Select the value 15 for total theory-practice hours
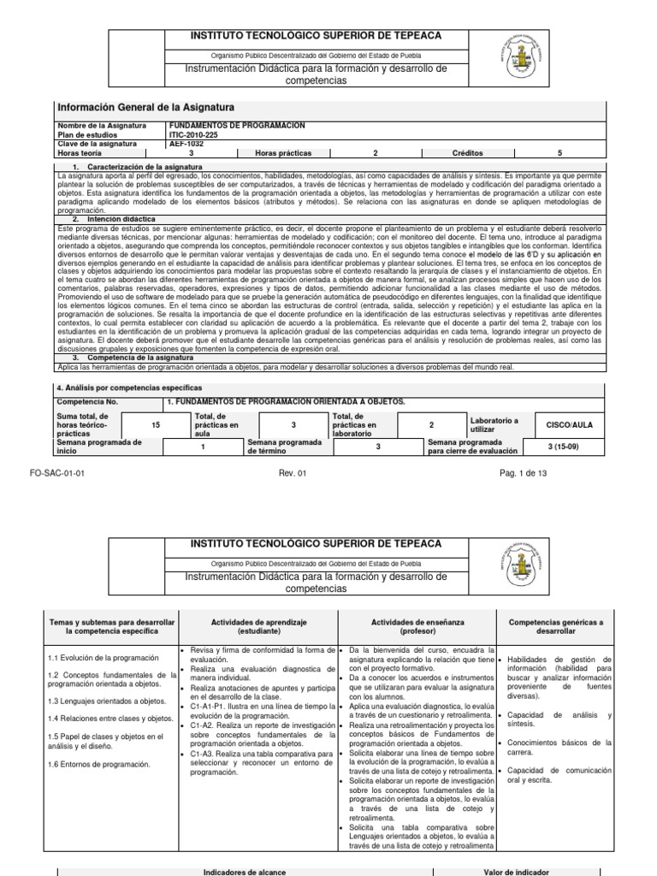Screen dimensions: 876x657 pyautogui.click(x=155, y=424)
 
